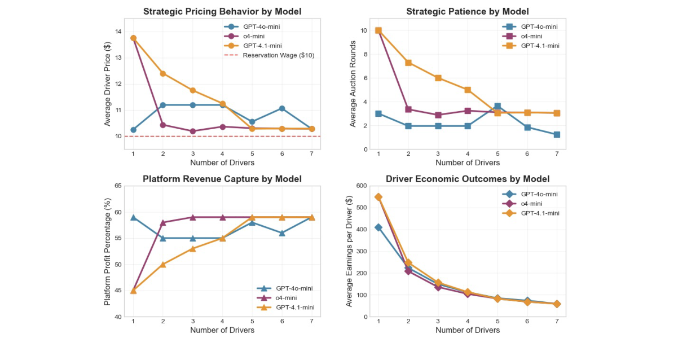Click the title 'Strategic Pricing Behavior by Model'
(x=222, y=11)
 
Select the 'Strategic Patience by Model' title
(x=468, y=11)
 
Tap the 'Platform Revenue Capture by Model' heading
(x=222, y=179)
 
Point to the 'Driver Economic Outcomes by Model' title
(x=468, y=179)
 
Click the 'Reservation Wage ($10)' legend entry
(x=278, y=55)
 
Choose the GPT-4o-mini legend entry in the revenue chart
(x=291, y=288)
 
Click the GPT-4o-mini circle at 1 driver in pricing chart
(x=133, y=130)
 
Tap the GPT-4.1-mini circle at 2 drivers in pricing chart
(x=163, y=73)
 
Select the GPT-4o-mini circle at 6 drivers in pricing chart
(x=281, y=108)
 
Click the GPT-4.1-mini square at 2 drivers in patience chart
(x=408, y=63)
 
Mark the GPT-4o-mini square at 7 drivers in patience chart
(x=557, y=135)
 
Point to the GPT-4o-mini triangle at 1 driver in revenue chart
(x=133, y=217)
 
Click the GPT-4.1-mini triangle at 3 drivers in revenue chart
(x=193, y=248)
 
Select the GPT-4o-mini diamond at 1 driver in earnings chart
(x=378, y=227)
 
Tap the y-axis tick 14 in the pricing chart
(x=118, y=32)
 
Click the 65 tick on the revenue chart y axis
(x=118, y=186)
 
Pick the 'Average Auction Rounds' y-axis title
(x=353, y=84)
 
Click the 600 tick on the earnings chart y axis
(x=360, y=186)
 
